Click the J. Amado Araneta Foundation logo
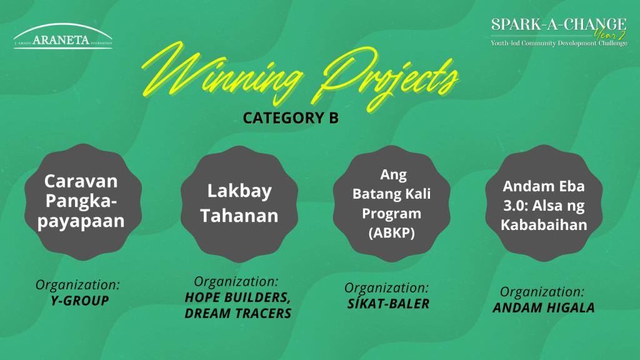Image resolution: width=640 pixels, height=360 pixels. [x=63, y=36]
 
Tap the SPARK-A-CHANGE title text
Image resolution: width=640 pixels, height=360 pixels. [x=559, y=24]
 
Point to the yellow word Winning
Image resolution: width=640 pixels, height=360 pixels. [x=222, y=72]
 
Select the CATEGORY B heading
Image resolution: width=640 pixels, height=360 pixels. [x=291, y=118]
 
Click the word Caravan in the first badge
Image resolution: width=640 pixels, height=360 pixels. [x=81, y=181]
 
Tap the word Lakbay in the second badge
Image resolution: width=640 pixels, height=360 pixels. [x=239, y=191]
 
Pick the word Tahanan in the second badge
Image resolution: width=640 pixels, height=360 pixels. [x=239, y=215]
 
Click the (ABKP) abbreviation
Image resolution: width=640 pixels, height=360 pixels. [x=391, y=232]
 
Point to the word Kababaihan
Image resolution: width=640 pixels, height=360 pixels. [x=544, y=224]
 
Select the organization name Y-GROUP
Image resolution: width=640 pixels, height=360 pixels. [x=80, y=301]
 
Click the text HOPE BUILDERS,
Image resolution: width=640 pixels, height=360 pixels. [x=237, y=297]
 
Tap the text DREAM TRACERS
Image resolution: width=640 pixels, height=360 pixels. [x=238, y=313]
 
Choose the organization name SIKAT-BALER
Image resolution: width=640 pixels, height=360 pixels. [x=388, y=303]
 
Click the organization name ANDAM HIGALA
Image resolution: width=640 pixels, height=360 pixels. [x=543, y=307]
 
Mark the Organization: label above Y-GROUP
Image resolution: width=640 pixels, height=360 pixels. [x=78, y=285]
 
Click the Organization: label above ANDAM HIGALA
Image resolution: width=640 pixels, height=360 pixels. [x=542, y=292]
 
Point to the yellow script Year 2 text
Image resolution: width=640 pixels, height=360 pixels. [x=610, y=35]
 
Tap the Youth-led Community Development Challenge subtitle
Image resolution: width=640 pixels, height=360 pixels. [x=559, y=43]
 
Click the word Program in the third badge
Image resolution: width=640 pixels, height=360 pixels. [x=391, y=214]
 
